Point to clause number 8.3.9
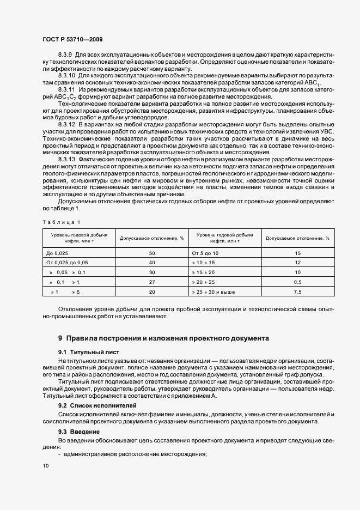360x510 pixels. point(65,56)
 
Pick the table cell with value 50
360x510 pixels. point(152,253)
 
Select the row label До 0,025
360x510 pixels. point(58,253)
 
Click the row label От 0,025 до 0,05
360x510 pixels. point(68,263)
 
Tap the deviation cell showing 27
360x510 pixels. point(152,282)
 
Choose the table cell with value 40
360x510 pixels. point(152,263)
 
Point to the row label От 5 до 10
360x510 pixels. point(205,253)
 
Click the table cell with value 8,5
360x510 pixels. point(297,282)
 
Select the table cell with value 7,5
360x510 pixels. point(297,292)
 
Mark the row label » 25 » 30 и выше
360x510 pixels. point(213,292)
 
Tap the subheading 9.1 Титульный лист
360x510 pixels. point(88,352)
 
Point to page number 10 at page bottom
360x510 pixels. point(45,466)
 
